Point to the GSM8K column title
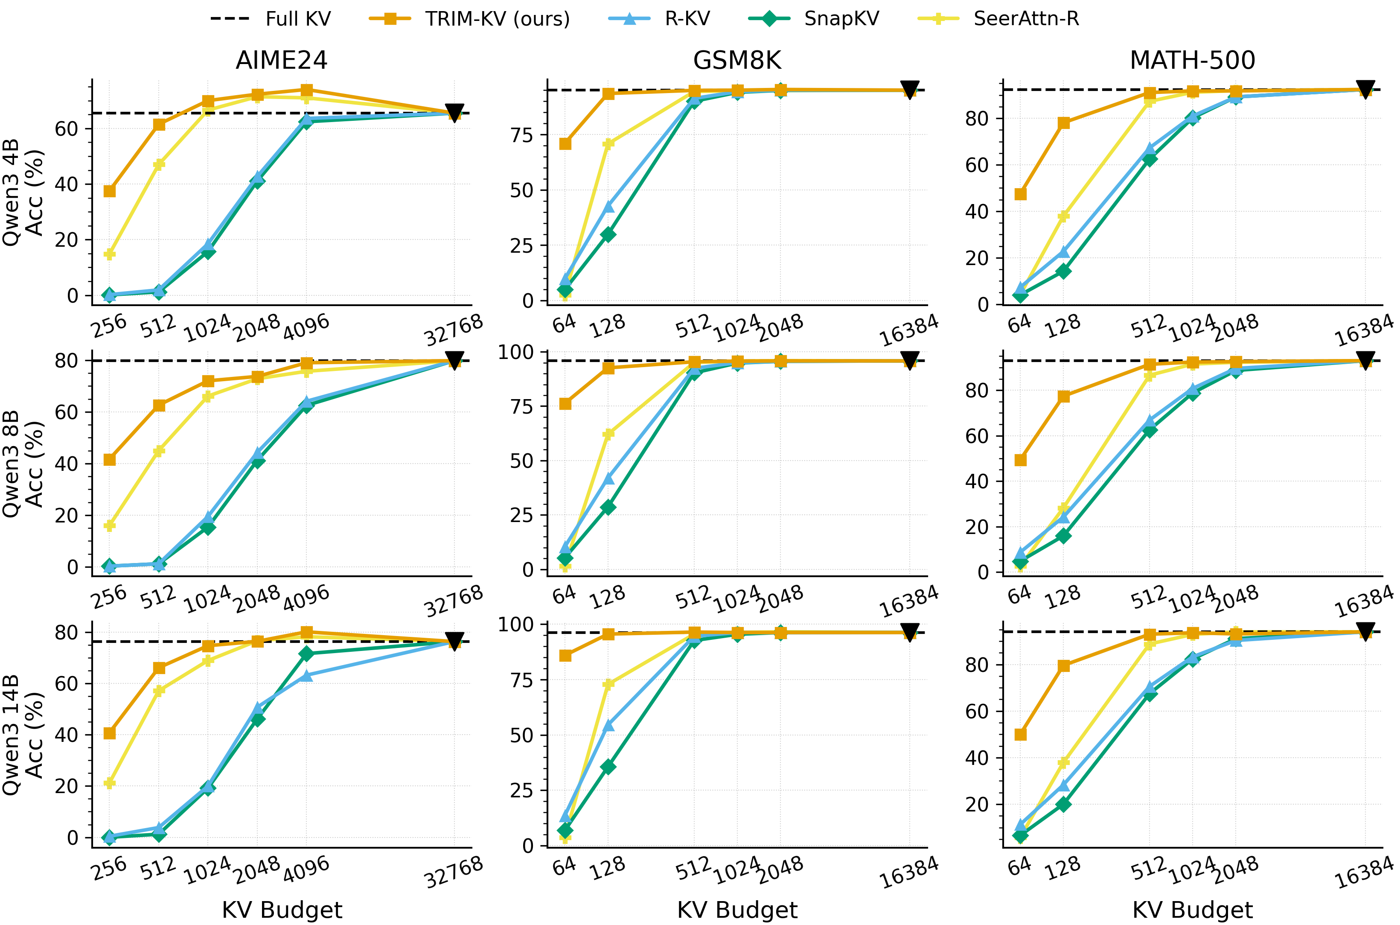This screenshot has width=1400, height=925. [x=737, y=60]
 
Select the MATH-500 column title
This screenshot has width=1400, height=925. [x=1193, y=60]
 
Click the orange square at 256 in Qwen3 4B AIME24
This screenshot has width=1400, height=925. [x=110, y=191]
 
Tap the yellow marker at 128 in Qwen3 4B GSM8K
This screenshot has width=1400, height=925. [x=608, y=143]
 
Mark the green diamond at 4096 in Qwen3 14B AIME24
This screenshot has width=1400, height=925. [x=306, y=654]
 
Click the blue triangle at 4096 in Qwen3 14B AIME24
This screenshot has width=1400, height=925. [x=306, y=675]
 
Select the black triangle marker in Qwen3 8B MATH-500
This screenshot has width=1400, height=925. [x=1365, y=360]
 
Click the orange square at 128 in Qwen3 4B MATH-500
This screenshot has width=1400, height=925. [x=1064, y=123]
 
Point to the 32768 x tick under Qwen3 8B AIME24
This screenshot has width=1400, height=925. [x=454, y=601]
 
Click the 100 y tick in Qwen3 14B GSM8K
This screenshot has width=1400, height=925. [x=515, y=624]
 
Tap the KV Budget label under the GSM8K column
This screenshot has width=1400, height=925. [x=737, y=910]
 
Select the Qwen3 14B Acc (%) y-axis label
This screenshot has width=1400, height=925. [x=23, y=735]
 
